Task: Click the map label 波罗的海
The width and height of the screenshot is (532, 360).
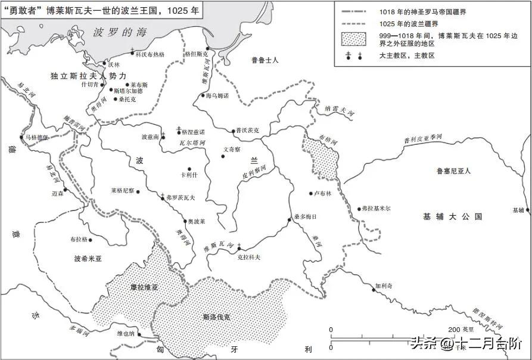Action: (x=120, y=33)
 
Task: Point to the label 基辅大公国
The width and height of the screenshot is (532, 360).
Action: (x=452, y=216)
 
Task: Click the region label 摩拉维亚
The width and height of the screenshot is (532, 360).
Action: (x=144, y=287)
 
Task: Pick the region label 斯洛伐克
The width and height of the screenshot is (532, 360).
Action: (x=216, y=317)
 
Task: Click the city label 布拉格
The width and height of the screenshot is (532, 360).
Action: (x=79, y=239)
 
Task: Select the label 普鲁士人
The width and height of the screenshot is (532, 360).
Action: (x=265, y=60)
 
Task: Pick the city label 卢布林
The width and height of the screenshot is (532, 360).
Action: (x=322, y=194)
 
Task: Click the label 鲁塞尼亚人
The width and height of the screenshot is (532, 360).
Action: (x=453, y=171)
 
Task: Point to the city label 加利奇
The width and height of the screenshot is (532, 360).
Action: (x=384, y=286)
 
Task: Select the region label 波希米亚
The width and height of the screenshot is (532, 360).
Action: (x=89, y=259)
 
